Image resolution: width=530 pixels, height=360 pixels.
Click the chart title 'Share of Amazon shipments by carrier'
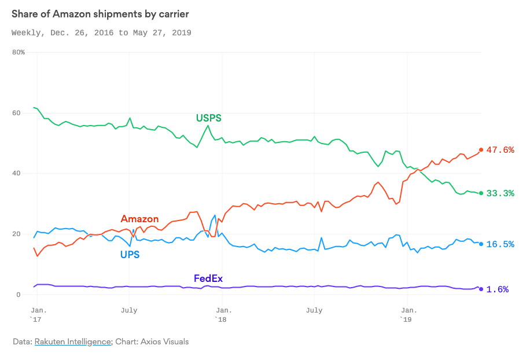[100, 13]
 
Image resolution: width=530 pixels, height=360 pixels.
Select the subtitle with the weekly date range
[101, 33]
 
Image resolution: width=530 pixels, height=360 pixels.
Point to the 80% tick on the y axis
[19, 52]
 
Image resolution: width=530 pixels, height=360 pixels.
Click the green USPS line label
[208, 118]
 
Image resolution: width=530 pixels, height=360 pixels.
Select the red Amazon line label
[139, 218]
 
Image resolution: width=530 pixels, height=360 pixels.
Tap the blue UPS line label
[130, 254]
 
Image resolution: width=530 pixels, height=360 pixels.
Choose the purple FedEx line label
[208, 278]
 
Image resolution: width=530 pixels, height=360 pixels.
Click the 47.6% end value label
[500, 150]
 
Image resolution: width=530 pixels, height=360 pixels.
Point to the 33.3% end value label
[500, 193]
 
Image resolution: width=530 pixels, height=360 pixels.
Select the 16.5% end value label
[500, 244]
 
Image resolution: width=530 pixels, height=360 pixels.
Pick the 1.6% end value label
[498, 289]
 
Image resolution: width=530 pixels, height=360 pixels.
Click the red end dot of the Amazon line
[481, 150]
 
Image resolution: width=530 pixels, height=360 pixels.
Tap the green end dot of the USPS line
[481, 193]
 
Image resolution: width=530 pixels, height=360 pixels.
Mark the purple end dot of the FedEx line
[481, 289]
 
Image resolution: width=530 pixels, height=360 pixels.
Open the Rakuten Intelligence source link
[72, 341]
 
